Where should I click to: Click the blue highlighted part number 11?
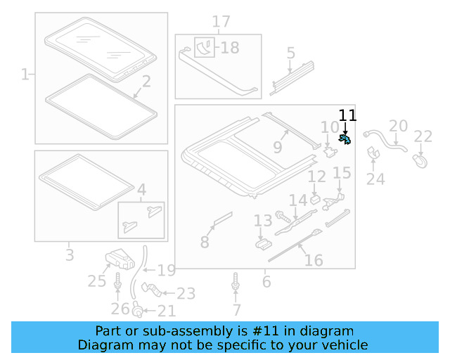coord(345,139)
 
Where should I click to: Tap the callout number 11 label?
coord(347,116)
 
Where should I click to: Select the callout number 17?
coord(221,22)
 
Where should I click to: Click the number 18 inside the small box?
coord(230,48)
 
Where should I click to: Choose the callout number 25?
coord(96,281)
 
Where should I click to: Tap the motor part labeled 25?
coord(120,259)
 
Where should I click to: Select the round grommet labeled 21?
coord(139,310)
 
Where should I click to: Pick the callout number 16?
coord(314,261)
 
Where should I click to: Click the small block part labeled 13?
coord(264,243)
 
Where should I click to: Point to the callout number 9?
coord(277,148)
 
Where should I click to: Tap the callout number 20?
coord(399,127)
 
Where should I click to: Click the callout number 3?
coord(70,255)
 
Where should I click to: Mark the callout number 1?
coord(25,74)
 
